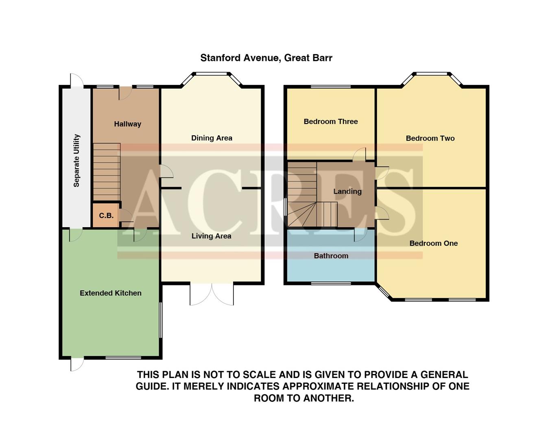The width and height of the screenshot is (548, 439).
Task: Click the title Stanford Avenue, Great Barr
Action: (x=266, y=58)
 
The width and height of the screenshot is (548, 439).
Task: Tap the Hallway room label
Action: (x=127, y=124)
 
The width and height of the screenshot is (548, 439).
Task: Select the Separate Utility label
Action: (x=76, y=161)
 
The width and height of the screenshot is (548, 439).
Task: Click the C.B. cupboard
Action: (x=106, y=215)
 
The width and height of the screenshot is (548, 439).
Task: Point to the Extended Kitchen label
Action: (x=110, y=293)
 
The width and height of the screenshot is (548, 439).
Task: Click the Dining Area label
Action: (x=212, y=138)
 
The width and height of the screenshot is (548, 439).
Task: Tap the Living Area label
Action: (x=211, y=236)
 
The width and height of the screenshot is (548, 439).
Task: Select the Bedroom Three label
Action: (x=330, y=121)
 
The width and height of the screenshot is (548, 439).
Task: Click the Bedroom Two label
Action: (x=430, y=138)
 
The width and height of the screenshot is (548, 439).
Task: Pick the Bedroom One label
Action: (x=433, y=243)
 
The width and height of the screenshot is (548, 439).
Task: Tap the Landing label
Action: (x=347, y=191)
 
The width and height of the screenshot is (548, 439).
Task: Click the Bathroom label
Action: (x=331, y=256)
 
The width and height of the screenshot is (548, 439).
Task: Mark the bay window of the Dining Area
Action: (x=212, y=74)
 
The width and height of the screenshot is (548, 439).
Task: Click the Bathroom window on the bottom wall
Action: (x=331, y=283)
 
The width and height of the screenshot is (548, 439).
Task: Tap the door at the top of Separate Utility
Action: (x=76, y=80)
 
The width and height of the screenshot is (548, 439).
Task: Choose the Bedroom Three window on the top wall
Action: (x=330, y=87)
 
